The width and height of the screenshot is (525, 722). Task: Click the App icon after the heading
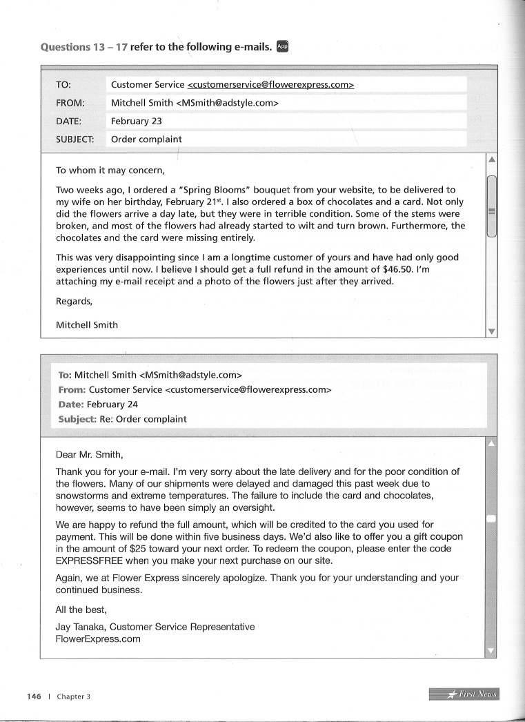tap(281, 47)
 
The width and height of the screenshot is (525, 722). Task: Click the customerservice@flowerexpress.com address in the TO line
tap(270, 85)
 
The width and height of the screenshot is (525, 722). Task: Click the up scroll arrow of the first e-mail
tap(492, 159)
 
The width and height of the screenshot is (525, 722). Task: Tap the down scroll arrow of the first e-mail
tap(492, 331)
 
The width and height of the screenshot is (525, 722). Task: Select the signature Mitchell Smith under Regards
tap(86, 325)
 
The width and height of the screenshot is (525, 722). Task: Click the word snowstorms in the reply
tap(84, 496)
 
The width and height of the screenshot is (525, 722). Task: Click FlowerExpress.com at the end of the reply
tap(98, 639)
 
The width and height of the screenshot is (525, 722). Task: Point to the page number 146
tap(34, 696)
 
